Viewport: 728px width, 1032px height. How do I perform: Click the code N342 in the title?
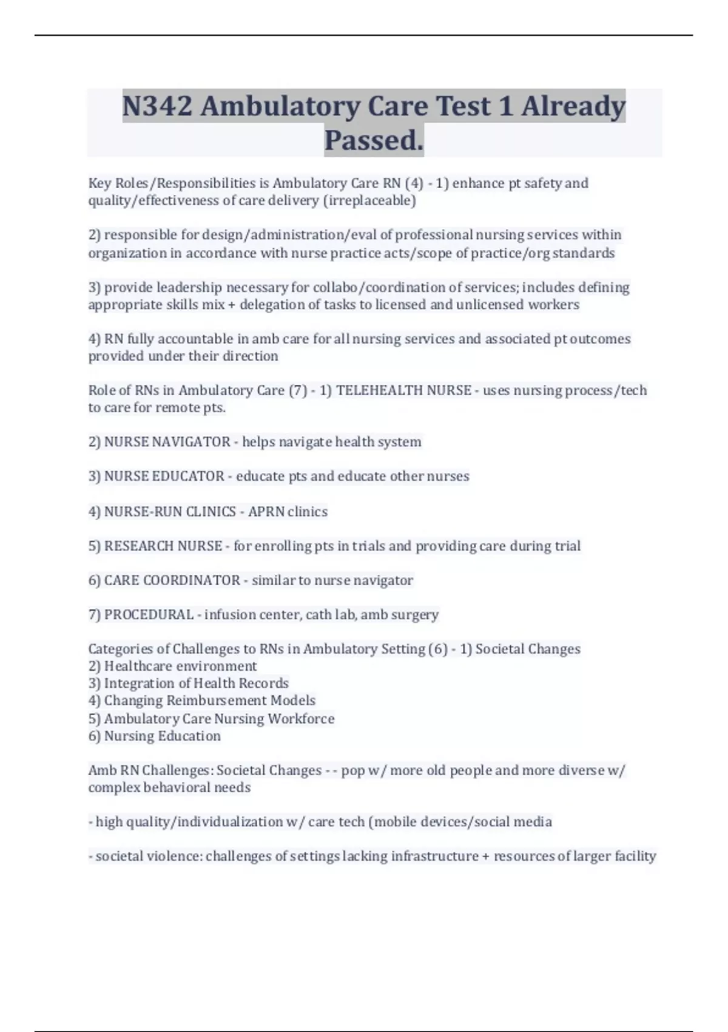click(157, 107)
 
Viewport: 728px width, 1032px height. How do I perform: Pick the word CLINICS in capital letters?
click(211, 512)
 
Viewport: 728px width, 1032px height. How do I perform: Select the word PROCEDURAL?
click(149, 615)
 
